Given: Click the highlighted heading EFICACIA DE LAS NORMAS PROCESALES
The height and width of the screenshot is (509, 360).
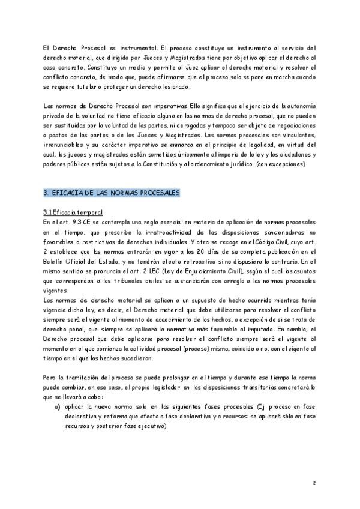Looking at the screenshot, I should click(112, 193).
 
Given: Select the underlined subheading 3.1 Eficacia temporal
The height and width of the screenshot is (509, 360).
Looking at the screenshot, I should click(73, 212).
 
